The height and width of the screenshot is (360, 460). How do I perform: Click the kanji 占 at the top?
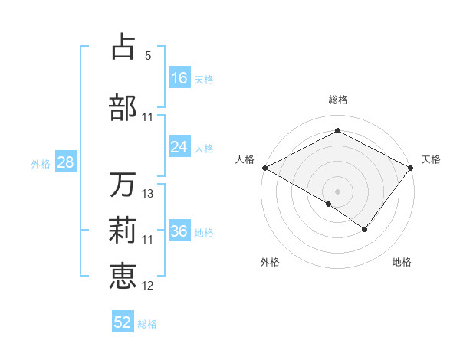click(x=123, y=47)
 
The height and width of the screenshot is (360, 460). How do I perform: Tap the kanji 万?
click(x=123, y=185)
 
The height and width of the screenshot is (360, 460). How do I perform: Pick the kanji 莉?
click(x=123, y=230)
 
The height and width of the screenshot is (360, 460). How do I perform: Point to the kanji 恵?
click(x=123, y=275)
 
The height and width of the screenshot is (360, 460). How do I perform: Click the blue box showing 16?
click(x=179, y=78)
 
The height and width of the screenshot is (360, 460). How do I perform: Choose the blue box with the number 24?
click(x=179, y=147)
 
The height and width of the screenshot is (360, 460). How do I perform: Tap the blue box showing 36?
click(x=179, y=231)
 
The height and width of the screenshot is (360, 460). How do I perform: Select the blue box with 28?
click(x=65, y=162)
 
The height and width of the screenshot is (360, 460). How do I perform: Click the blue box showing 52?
click(x=123, y=322)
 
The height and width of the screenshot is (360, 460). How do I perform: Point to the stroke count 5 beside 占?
click(x=148, y=56)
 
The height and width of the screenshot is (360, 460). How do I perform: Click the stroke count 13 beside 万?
click(x=148, y=194)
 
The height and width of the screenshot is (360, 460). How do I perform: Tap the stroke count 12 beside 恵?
click(x=148, y=286)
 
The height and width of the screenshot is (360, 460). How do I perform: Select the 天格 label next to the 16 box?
click(x=204, y=79)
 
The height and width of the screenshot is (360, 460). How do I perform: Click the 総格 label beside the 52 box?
click(x=147, y=324)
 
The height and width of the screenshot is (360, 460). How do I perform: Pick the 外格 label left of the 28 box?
click(x=41, y=163)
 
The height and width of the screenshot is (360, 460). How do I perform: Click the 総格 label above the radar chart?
click(x=337, y=100)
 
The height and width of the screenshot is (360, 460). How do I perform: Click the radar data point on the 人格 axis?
click(x=264, y=168)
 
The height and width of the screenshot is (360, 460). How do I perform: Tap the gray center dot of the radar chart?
click(x=337, y=191)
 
